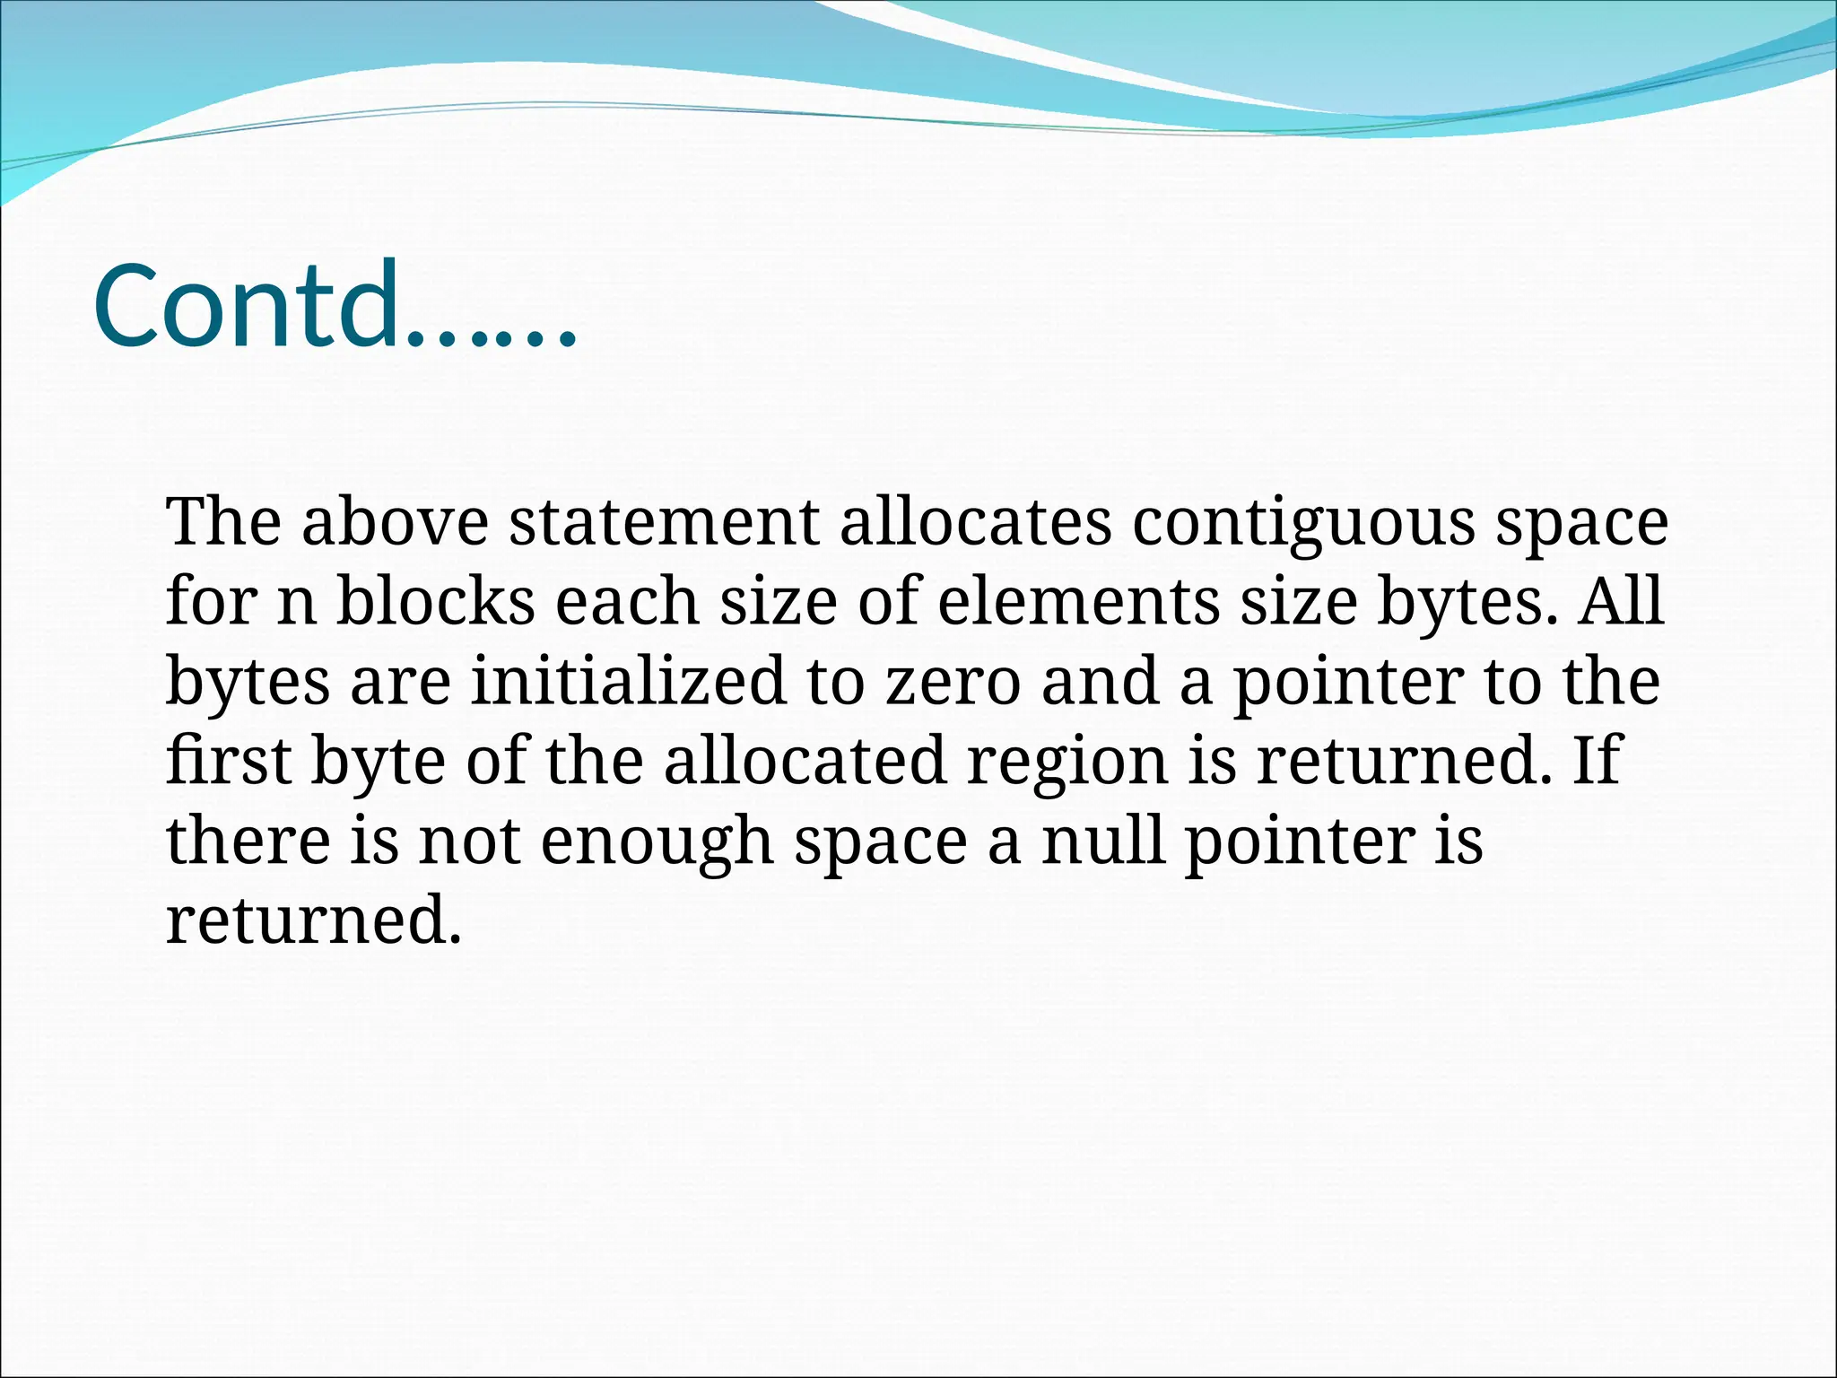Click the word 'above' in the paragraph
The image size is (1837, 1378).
coord(395,522)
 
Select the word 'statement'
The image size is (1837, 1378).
coord(664,522)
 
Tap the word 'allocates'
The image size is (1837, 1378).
coord(975,522)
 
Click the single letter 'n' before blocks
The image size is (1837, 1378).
coord(297,603)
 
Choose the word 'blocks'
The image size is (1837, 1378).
coord(435,601)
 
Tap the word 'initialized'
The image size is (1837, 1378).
coord(628,681)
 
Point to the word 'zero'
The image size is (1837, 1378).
coord(953,682)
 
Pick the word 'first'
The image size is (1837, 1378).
coord(229,761)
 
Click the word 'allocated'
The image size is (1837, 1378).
coord(805,761)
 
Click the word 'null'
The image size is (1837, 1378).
coord(1104,841)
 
